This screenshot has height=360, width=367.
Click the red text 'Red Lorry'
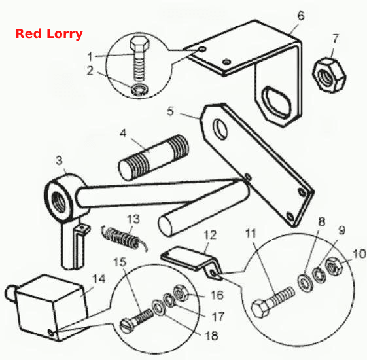49,34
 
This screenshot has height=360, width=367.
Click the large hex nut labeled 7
329,75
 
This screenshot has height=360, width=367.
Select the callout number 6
301,16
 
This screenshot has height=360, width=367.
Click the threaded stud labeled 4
154,158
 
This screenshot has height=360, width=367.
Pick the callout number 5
171,111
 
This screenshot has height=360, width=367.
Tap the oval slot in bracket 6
277,102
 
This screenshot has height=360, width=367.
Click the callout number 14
99,279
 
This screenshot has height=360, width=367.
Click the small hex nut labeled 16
180,293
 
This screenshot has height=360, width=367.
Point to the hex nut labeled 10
333,266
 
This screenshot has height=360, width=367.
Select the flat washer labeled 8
306,283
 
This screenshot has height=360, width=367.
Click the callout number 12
210,235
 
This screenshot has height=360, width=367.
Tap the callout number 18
211,336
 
